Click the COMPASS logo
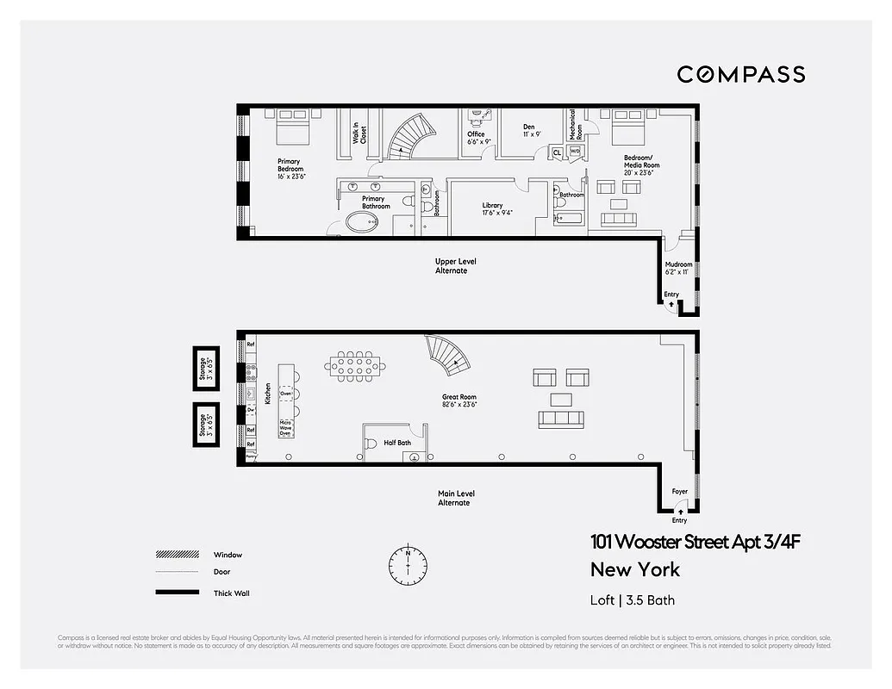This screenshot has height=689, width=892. (740, 74)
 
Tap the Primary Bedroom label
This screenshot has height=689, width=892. (290, 168)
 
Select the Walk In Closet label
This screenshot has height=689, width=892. (359, 134)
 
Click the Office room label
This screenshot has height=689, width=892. (477, 138)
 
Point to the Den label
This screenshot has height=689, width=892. (528, 131)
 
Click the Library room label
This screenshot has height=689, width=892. (492, 209)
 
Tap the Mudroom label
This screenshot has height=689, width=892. (678, 268)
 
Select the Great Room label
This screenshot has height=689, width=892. (459, 400)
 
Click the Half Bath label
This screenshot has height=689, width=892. (397, 443)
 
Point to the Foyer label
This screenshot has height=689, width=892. (680, 492)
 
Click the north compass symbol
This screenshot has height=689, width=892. (408, 564)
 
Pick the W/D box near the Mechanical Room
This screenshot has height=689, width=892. (575, 152)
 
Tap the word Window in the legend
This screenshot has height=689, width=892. (228, 555)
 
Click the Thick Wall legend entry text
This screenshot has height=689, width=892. (232, 593)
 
